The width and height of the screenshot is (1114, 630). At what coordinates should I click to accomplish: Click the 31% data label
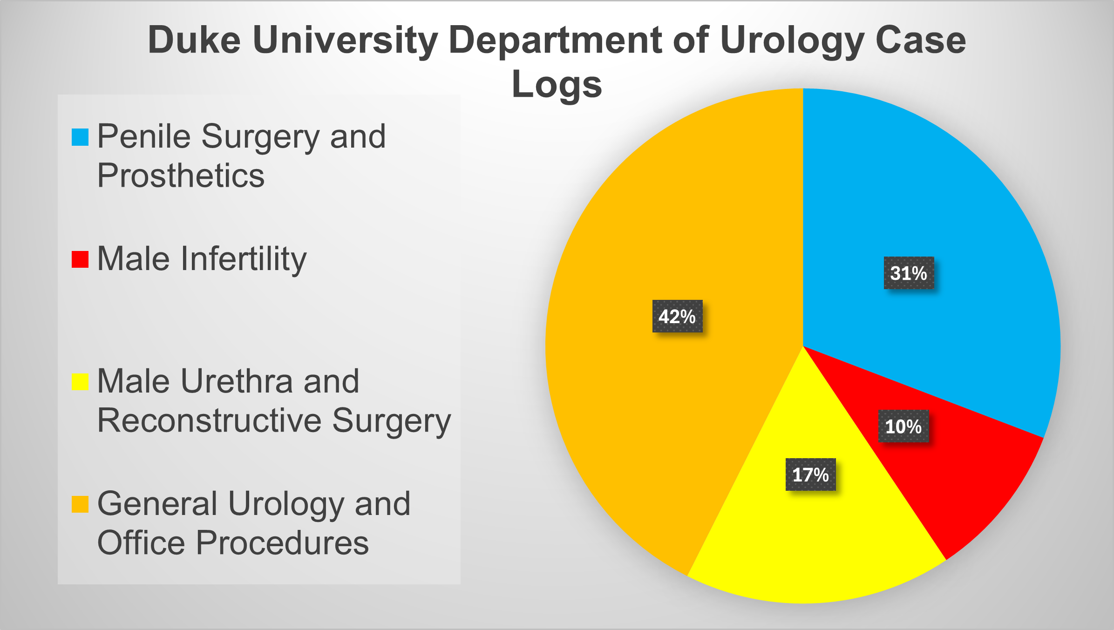(909, 273)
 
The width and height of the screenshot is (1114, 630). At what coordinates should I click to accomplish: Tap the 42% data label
(677, 316)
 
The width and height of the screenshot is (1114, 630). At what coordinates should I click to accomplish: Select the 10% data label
(903, 426)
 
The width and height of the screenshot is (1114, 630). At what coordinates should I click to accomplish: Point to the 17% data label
(811, 474)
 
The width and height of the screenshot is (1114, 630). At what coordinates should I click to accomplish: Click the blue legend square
(80, 137)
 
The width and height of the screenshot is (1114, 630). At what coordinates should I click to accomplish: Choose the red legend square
(80, 260)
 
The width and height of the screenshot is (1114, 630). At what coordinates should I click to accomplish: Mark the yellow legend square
(80, 382)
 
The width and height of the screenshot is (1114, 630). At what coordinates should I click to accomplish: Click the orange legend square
(80, 504)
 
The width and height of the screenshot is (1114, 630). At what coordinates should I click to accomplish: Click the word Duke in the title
(194, 40)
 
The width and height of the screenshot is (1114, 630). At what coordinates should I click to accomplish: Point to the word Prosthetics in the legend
(181, 176)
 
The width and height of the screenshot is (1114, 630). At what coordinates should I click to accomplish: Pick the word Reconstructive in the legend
(210, 420)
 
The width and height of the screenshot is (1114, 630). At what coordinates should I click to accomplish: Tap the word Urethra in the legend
(237, 381)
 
